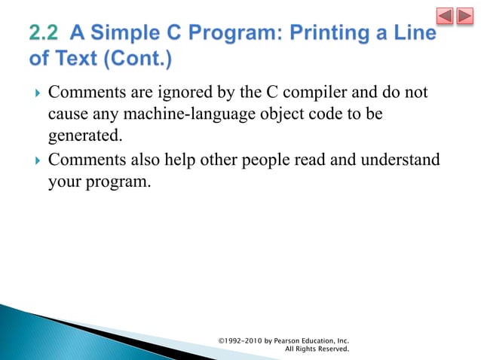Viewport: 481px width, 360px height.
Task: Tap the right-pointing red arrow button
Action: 465,16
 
